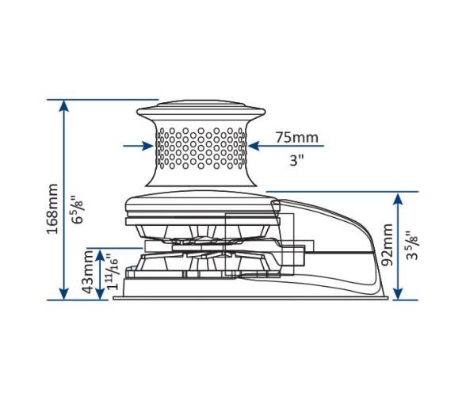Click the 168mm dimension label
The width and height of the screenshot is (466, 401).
(x=51, y=208)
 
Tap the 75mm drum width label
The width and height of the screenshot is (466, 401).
(x=296, y=138)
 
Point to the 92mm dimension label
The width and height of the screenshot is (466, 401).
(x=387, y=246)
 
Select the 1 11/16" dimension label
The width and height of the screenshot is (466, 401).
(x=113, y=273)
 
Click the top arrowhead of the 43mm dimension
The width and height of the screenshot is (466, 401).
(x=99, y=254)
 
